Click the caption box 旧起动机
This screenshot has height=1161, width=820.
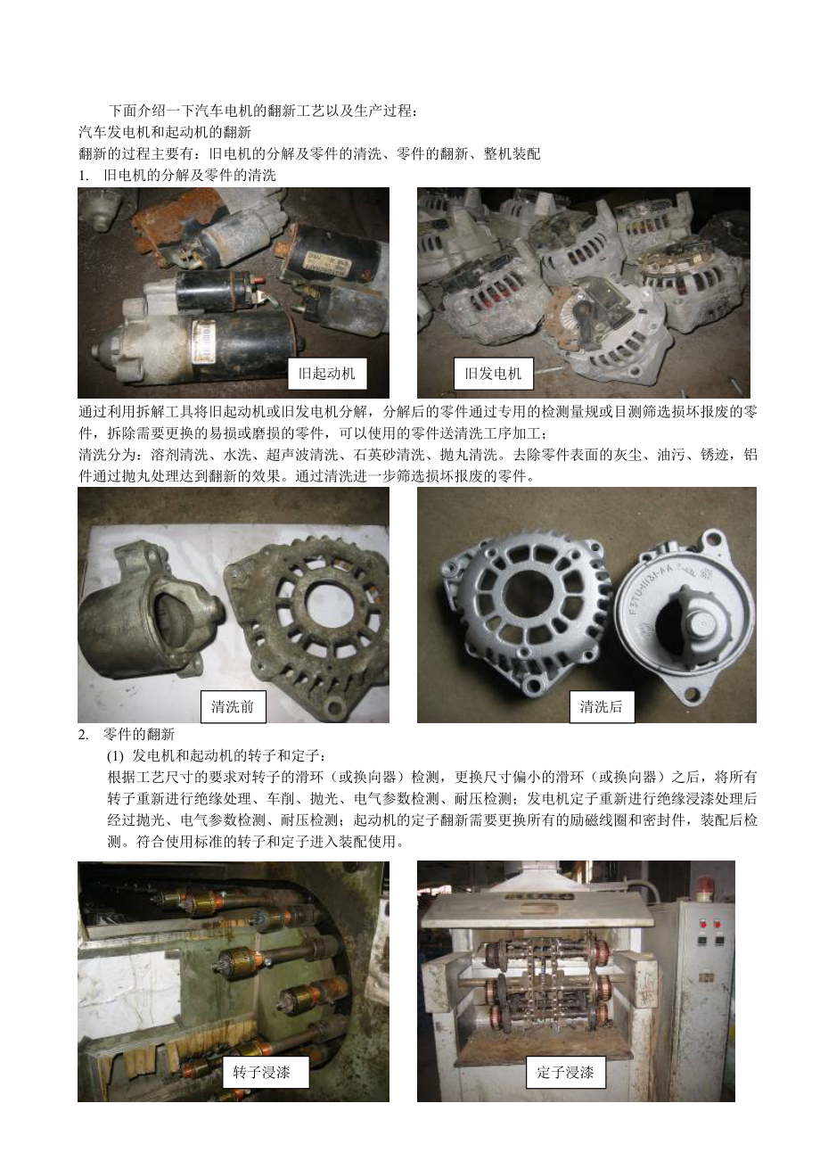tap(327, 373)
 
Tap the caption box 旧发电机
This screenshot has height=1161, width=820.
tap(493, 373)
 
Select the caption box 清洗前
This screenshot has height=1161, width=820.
tap(234, 706)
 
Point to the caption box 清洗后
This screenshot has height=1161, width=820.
tap(602, 706)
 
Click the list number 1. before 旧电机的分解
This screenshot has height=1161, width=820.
tap(84, 176)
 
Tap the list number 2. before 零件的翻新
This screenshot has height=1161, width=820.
tap(84, 735)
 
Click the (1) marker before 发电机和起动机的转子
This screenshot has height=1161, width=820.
tap(115, 757)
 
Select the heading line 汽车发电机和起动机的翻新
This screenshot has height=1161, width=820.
tap(165, 133)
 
